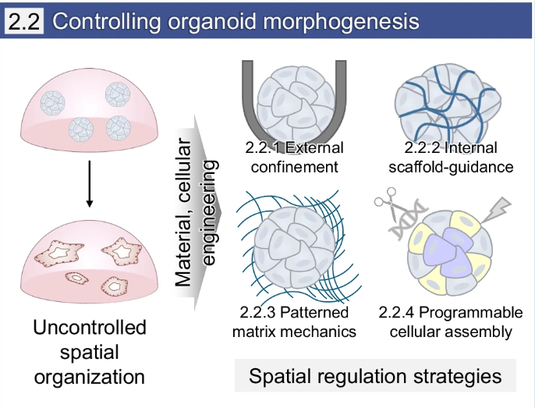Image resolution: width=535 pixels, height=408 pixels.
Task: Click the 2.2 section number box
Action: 24,21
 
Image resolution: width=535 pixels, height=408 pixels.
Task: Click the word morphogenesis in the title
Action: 341,21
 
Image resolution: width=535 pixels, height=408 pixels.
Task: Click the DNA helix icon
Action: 409,221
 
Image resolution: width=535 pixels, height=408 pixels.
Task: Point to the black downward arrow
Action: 90,183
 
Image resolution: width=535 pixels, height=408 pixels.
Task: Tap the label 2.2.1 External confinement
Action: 294,157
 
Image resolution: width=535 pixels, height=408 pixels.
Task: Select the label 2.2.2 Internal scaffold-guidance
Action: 451,157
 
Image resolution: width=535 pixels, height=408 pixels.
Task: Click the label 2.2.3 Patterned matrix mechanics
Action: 294,322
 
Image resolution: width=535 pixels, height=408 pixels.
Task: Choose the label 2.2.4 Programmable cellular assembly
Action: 451,322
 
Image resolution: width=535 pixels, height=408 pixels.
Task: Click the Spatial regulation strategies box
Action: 375,375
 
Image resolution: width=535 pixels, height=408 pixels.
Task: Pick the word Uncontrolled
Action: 90,328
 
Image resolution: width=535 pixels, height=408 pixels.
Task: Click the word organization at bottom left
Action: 90,377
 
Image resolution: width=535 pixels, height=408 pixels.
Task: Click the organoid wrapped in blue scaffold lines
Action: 448,103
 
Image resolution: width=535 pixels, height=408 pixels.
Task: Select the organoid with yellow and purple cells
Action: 450,253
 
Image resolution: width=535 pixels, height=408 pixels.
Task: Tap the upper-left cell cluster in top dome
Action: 52,103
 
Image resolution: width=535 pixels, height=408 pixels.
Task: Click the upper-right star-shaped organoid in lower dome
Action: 122,252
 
